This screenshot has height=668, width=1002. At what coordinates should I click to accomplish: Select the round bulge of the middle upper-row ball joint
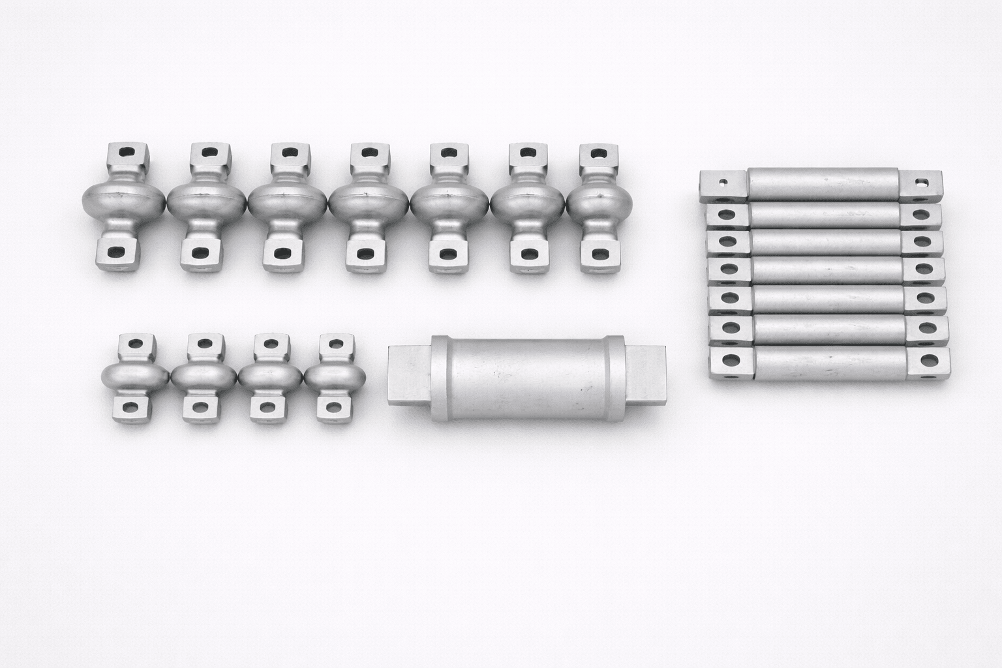click(369, 203)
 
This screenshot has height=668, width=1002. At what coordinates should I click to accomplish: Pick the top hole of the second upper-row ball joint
click(209, 152)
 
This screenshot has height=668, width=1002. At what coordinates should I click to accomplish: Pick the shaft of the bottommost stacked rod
click(829, 363)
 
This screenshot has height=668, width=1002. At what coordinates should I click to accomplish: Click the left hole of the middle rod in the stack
click(726, 268)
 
